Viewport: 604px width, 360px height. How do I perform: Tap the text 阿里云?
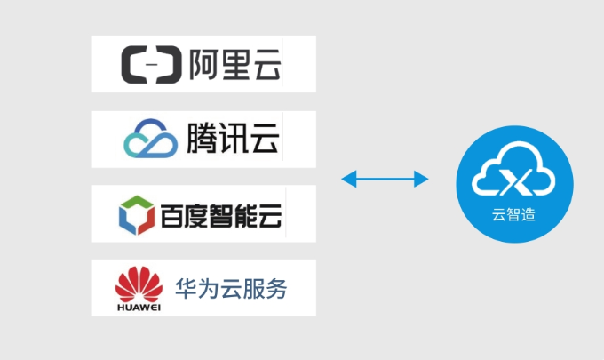click(234, 65)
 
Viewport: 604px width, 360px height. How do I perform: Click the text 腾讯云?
click(234, 138)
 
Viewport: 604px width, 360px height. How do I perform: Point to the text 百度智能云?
click(221, 213)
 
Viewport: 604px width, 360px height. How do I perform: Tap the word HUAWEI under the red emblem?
click(139, 308)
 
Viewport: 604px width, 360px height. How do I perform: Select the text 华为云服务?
click(231, 288)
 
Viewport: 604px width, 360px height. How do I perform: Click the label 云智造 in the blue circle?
click(513, 215)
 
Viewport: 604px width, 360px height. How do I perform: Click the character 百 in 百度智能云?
click(171, 213)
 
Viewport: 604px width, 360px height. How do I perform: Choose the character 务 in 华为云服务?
click(277, 288)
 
